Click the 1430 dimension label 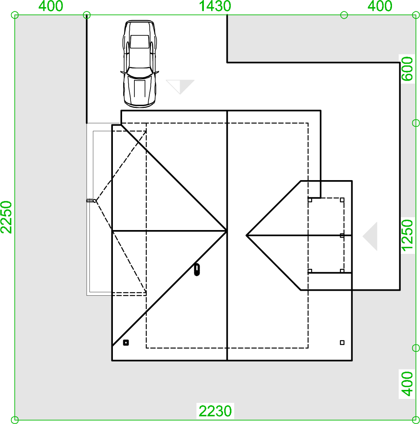(215, 6)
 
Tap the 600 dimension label (407, 69)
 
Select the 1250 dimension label (407, 235)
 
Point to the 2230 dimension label (215, 411)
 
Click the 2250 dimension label (6, 217)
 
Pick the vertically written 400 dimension (407, 384)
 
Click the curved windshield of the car (139, 71)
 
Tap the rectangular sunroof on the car (139, 41)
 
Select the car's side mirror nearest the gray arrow (156, 73)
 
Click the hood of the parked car (139, 89)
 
